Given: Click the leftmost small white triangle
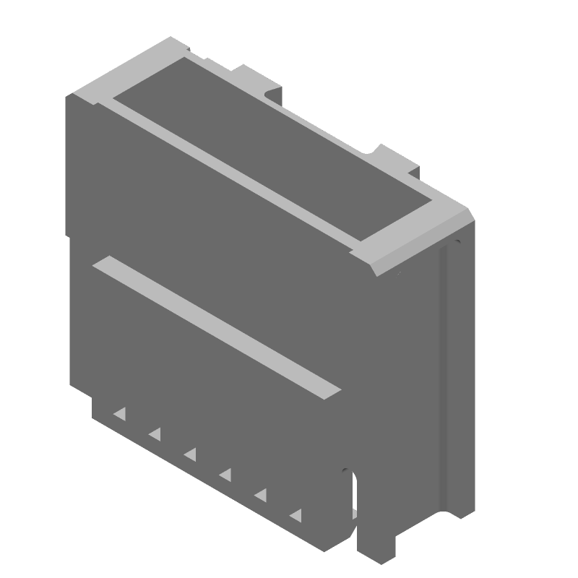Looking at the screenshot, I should pos(119,414).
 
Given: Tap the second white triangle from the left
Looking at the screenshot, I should pos(155,433).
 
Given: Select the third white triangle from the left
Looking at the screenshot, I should pos(190,454).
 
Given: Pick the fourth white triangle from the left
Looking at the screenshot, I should pos(225,474).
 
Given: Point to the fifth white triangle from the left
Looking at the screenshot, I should pos(260,495).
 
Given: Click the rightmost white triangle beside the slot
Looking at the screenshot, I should pos(295,514).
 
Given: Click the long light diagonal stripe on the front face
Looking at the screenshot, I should pos(217,325).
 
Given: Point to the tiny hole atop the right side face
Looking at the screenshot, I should pos(457,241).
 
